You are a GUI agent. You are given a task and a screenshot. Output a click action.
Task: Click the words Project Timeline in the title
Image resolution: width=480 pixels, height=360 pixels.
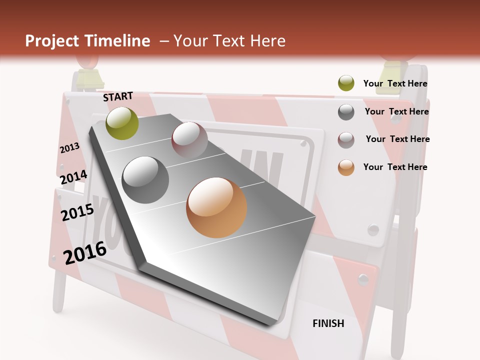(x=87, y=41)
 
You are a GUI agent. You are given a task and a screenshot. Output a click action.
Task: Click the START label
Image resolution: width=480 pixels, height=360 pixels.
(x=118, y=96)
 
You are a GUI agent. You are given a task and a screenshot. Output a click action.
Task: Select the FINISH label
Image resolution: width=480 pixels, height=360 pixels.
(x=328, y=323)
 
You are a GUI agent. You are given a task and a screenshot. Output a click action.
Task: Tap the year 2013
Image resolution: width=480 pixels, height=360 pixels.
(x=69, y=148)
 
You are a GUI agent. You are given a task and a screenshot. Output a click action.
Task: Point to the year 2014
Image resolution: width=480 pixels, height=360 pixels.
(x=73, y=177)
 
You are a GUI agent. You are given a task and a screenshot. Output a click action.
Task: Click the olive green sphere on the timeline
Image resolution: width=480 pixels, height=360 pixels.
(x=122, y=123)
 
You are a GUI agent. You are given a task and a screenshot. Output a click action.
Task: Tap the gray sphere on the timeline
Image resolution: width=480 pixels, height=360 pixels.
(x=145, y=179)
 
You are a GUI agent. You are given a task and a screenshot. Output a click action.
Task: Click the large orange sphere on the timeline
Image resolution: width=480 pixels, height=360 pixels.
(x=216, y=207)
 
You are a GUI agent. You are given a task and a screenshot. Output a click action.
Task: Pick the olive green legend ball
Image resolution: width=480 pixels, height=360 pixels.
(x=346, y=83)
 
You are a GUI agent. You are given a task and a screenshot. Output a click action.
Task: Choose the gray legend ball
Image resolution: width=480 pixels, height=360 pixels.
(x=346, y=112)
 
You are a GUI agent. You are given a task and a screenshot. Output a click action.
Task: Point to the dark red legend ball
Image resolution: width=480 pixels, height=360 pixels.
(x=346, y=139)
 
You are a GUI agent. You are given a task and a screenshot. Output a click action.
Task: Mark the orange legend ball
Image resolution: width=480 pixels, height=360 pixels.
(x=346, y=167)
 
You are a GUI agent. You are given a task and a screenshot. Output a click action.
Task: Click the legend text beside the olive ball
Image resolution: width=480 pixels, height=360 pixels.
(x=395, y=83)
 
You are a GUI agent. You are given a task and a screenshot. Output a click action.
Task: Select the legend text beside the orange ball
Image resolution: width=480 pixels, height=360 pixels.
(x=395, y=167)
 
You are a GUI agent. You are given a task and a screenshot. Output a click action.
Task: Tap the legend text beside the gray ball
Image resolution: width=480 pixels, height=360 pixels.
(x=396, y=111)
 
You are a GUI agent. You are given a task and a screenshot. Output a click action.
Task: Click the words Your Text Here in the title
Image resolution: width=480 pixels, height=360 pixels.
(x=229, y=41)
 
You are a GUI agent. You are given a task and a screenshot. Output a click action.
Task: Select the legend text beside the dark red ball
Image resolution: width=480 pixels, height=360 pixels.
(x=397, y=139)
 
